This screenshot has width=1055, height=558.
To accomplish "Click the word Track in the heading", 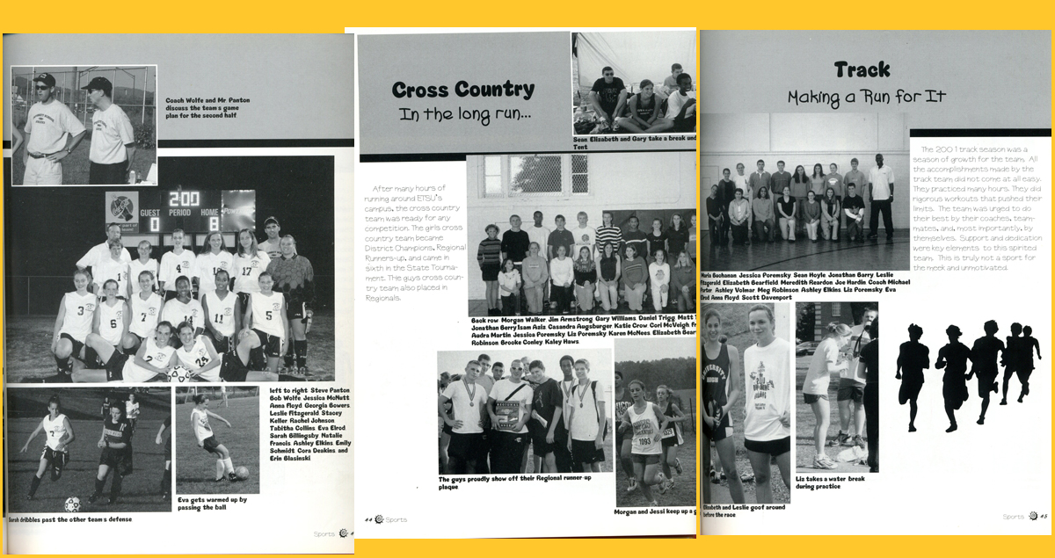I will (x=862, y=69).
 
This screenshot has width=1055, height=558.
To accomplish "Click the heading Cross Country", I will (x=462, y=90).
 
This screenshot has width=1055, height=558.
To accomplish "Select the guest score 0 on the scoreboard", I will (x=154, y=223).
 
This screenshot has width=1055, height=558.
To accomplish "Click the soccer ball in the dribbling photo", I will (x=72, y=504).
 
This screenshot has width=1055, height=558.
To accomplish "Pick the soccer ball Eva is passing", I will (x=242, y=472).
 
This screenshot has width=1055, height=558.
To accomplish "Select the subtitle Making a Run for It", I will (x=866, y=97).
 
